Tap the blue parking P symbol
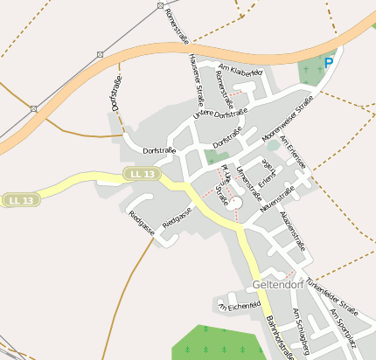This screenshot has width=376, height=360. pos(329,63)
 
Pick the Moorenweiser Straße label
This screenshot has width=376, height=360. pos(288,121)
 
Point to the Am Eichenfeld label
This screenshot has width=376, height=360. pos(240,305)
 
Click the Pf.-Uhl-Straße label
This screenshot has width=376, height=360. pos(225,184)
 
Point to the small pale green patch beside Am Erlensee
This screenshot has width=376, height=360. pos(274,145)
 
